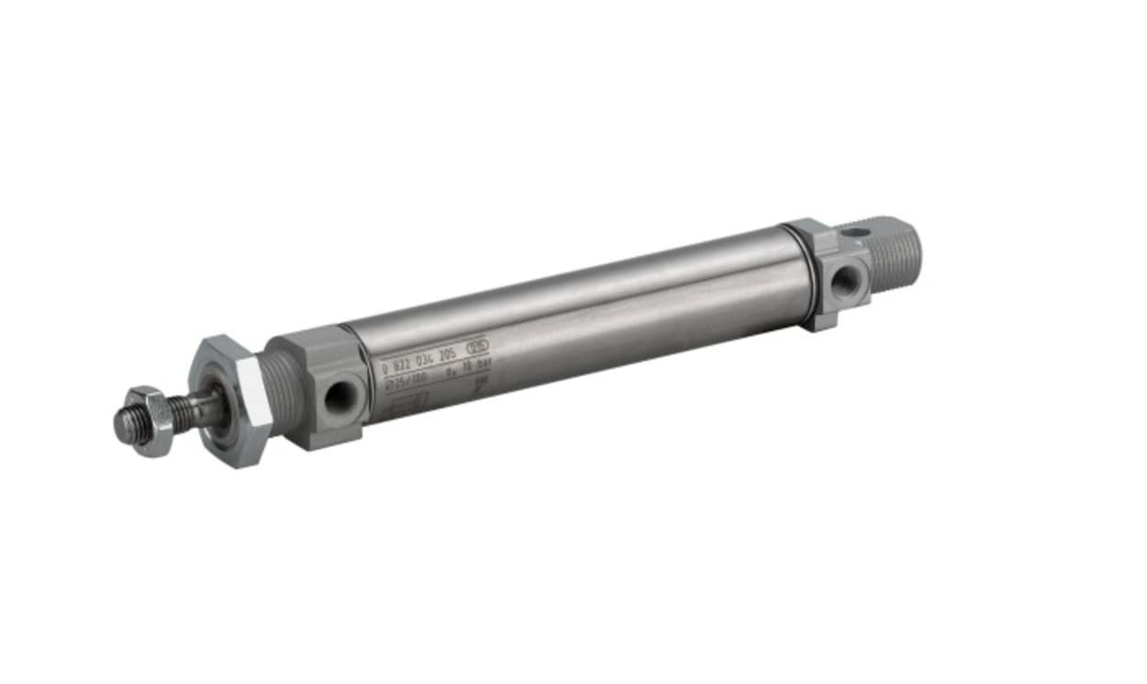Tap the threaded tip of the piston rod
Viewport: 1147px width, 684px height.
coord(126,423)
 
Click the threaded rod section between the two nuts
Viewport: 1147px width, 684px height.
coord(188,412)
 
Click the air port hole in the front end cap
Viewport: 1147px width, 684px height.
coord(340,397)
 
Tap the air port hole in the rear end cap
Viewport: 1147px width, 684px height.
coord(845,280)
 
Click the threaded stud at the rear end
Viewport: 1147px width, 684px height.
coord(895,252)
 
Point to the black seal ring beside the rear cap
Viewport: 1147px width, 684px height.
coord(807,275)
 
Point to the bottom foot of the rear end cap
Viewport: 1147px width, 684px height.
coord(822,321)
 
